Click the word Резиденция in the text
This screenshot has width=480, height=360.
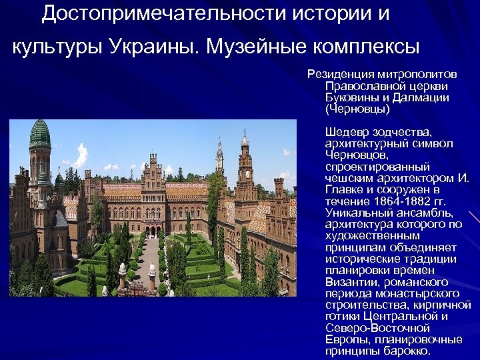(339, 75)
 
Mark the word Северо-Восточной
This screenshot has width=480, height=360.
(377, 328)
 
